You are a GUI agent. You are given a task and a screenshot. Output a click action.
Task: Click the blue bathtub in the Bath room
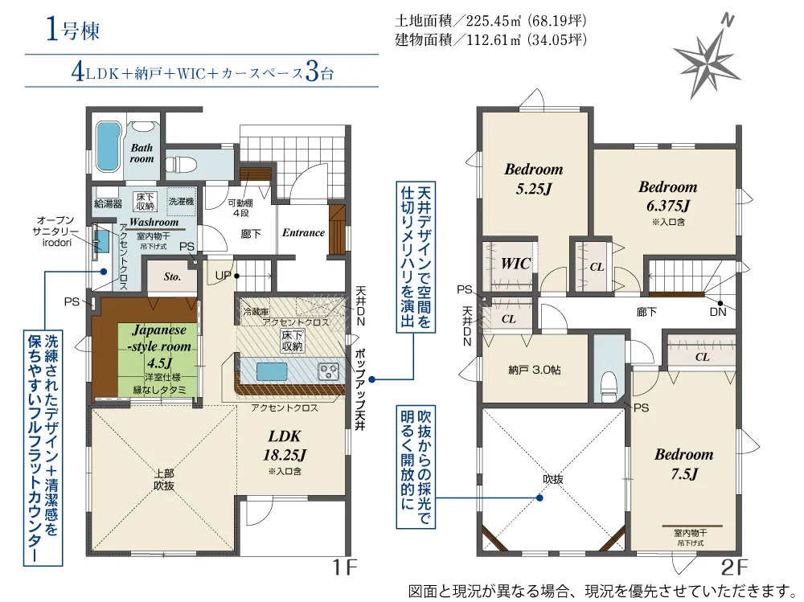(107, 146)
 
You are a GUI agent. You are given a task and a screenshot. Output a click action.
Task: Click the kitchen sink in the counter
(272, 371)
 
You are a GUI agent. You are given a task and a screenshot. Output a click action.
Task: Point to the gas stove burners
(328, 371)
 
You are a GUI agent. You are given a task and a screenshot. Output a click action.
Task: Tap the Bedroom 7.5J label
(684, 464)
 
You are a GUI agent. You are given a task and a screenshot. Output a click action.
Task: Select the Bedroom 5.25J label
(534, 178)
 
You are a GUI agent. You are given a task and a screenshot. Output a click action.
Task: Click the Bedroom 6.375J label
(667, 196)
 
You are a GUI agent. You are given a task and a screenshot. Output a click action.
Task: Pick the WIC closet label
(515, 264)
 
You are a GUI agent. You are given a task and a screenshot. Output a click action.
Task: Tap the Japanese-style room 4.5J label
(159, 346)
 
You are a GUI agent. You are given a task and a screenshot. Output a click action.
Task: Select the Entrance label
(304, 232)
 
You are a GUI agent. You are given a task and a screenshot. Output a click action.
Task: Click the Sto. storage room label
(172, 276)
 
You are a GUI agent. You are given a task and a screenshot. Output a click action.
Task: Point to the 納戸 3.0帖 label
(535, 370)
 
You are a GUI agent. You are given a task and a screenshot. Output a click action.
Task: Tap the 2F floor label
(734, 567)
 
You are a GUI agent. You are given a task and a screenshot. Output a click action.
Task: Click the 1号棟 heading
(73, 31)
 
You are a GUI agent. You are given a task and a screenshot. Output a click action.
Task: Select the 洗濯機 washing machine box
(182, 202)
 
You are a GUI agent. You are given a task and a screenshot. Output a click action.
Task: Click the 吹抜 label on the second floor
(553, 479)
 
